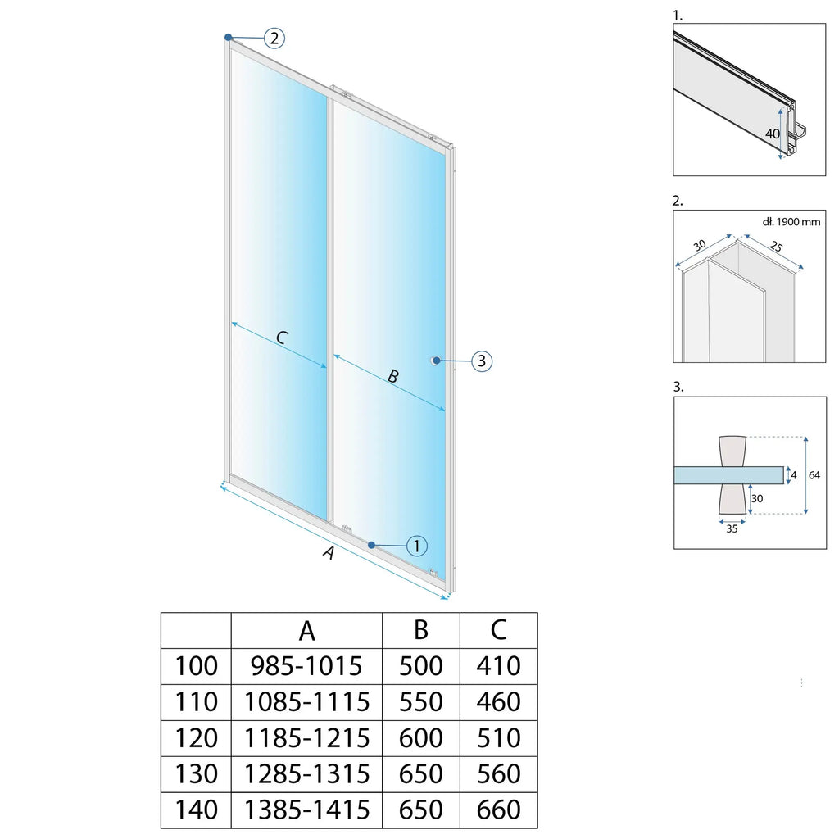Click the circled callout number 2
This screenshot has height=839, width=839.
click(x=274, y=38)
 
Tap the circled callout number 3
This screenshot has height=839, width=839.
click(x=482, y=361)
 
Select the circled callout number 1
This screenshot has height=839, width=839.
click(x=417, y=546)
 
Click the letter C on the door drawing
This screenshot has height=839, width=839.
click(x=282, y=338)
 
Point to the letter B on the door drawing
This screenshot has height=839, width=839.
click(x=392, y=376)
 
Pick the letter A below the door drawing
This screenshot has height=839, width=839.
click(x=329, y=553)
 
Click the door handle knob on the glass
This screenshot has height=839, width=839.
click(x=434, y=361)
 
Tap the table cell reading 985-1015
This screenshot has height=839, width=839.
click(x=306, y=666)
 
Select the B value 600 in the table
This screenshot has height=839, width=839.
click(x=420, y=738)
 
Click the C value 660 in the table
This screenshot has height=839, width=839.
click(x=498, y=810)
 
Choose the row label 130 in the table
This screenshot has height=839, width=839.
click(x=196, y=773)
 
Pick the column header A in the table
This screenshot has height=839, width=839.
click(x=306, y=631)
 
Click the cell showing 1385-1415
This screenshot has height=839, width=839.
click(x=306, y=810)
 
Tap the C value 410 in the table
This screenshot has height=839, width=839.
click(x=498, y=666)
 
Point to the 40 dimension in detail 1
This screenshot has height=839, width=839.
click(x=772, y=134)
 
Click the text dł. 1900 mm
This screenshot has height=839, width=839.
click(x=791, y=221)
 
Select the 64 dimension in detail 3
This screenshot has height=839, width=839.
click(x=814, y=475)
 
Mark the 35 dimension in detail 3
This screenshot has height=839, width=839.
click(x=732, y=529)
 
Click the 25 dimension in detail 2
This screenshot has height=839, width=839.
click(x=776, y=246)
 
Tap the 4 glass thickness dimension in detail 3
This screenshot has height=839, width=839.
click(x=793, y=475)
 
